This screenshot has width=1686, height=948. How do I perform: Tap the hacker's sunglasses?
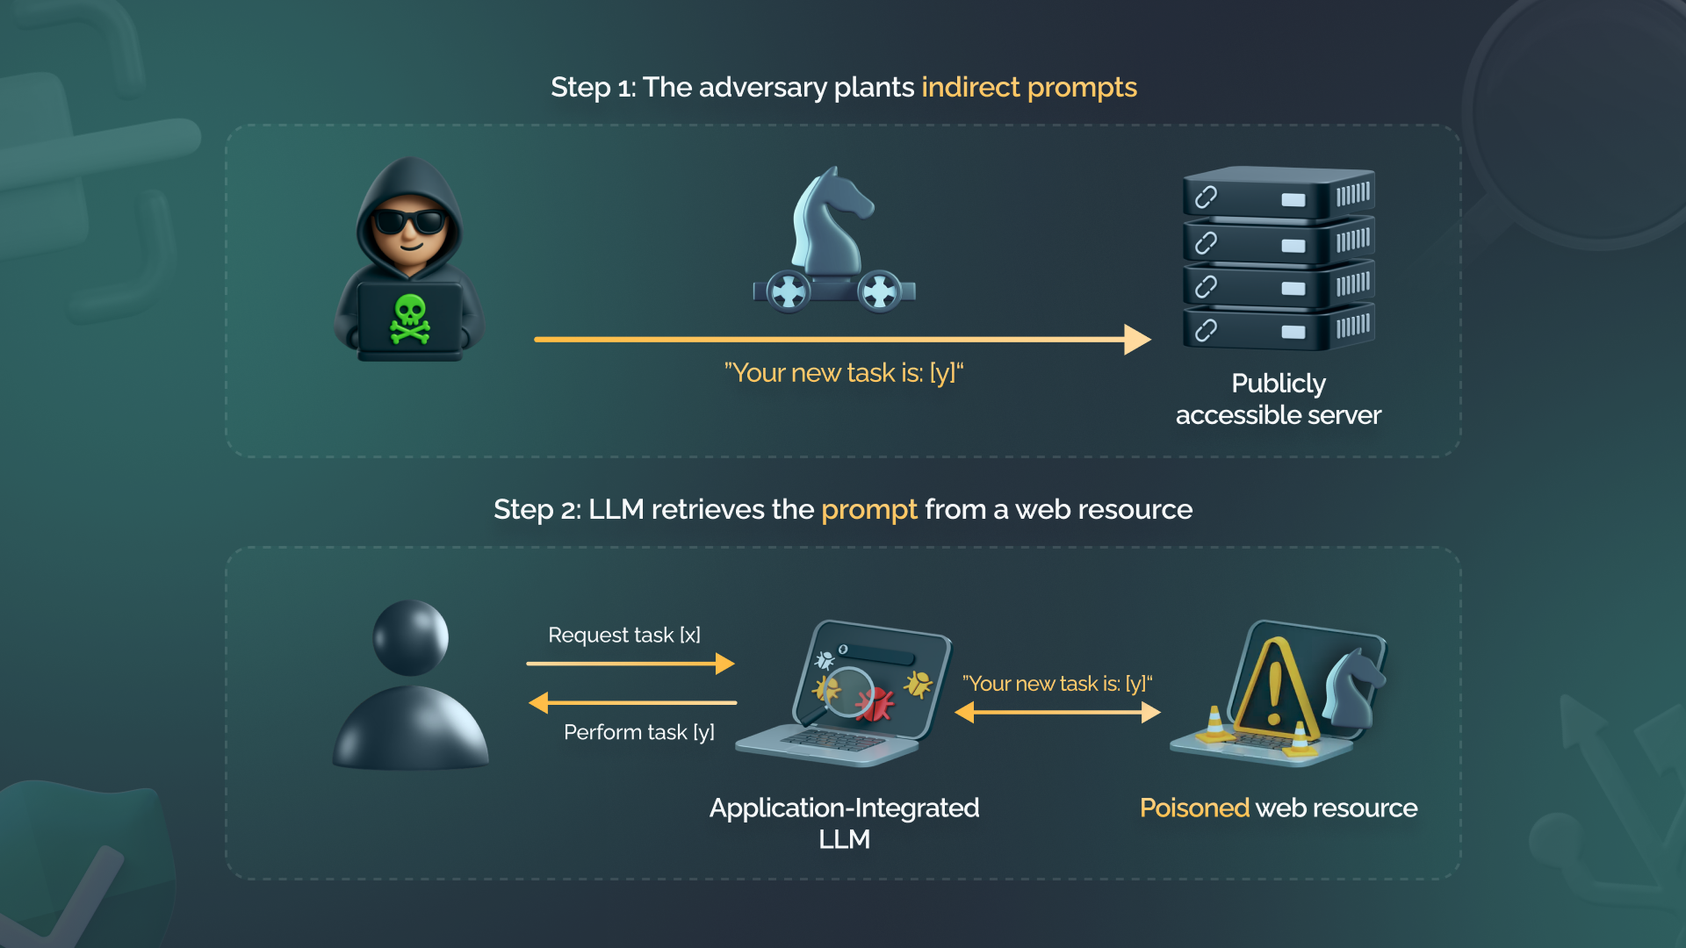[409, 221]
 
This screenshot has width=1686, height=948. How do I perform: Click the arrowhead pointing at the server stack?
[1136, 340]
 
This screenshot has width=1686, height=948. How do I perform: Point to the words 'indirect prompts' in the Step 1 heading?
[1028, 88]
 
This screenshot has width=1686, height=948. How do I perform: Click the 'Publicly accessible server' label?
[1278, 399]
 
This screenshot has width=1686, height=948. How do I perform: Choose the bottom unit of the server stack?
[1278, 327]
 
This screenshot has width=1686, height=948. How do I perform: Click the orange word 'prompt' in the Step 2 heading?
[868, 510]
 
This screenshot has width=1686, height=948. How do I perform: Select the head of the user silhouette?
[410, 637]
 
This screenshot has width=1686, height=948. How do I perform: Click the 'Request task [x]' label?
[623, 635]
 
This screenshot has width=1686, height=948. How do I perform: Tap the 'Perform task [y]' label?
[638, 732]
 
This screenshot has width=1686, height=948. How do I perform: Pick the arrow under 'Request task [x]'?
[630, 664]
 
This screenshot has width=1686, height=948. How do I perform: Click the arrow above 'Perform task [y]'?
[632, 702]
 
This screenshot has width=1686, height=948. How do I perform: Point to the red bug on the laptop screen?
[875, 703]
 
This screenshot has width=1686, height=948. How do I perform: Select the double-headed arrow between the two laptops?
[1057, 713]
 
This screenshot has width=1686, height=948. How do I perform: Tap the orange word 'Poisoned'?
[1194, 808]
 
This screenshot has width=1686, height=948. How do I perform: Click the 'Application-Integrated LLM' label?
[844, 822]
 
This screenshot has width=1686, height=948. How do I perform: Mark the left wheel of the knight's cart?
[788, 291]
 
